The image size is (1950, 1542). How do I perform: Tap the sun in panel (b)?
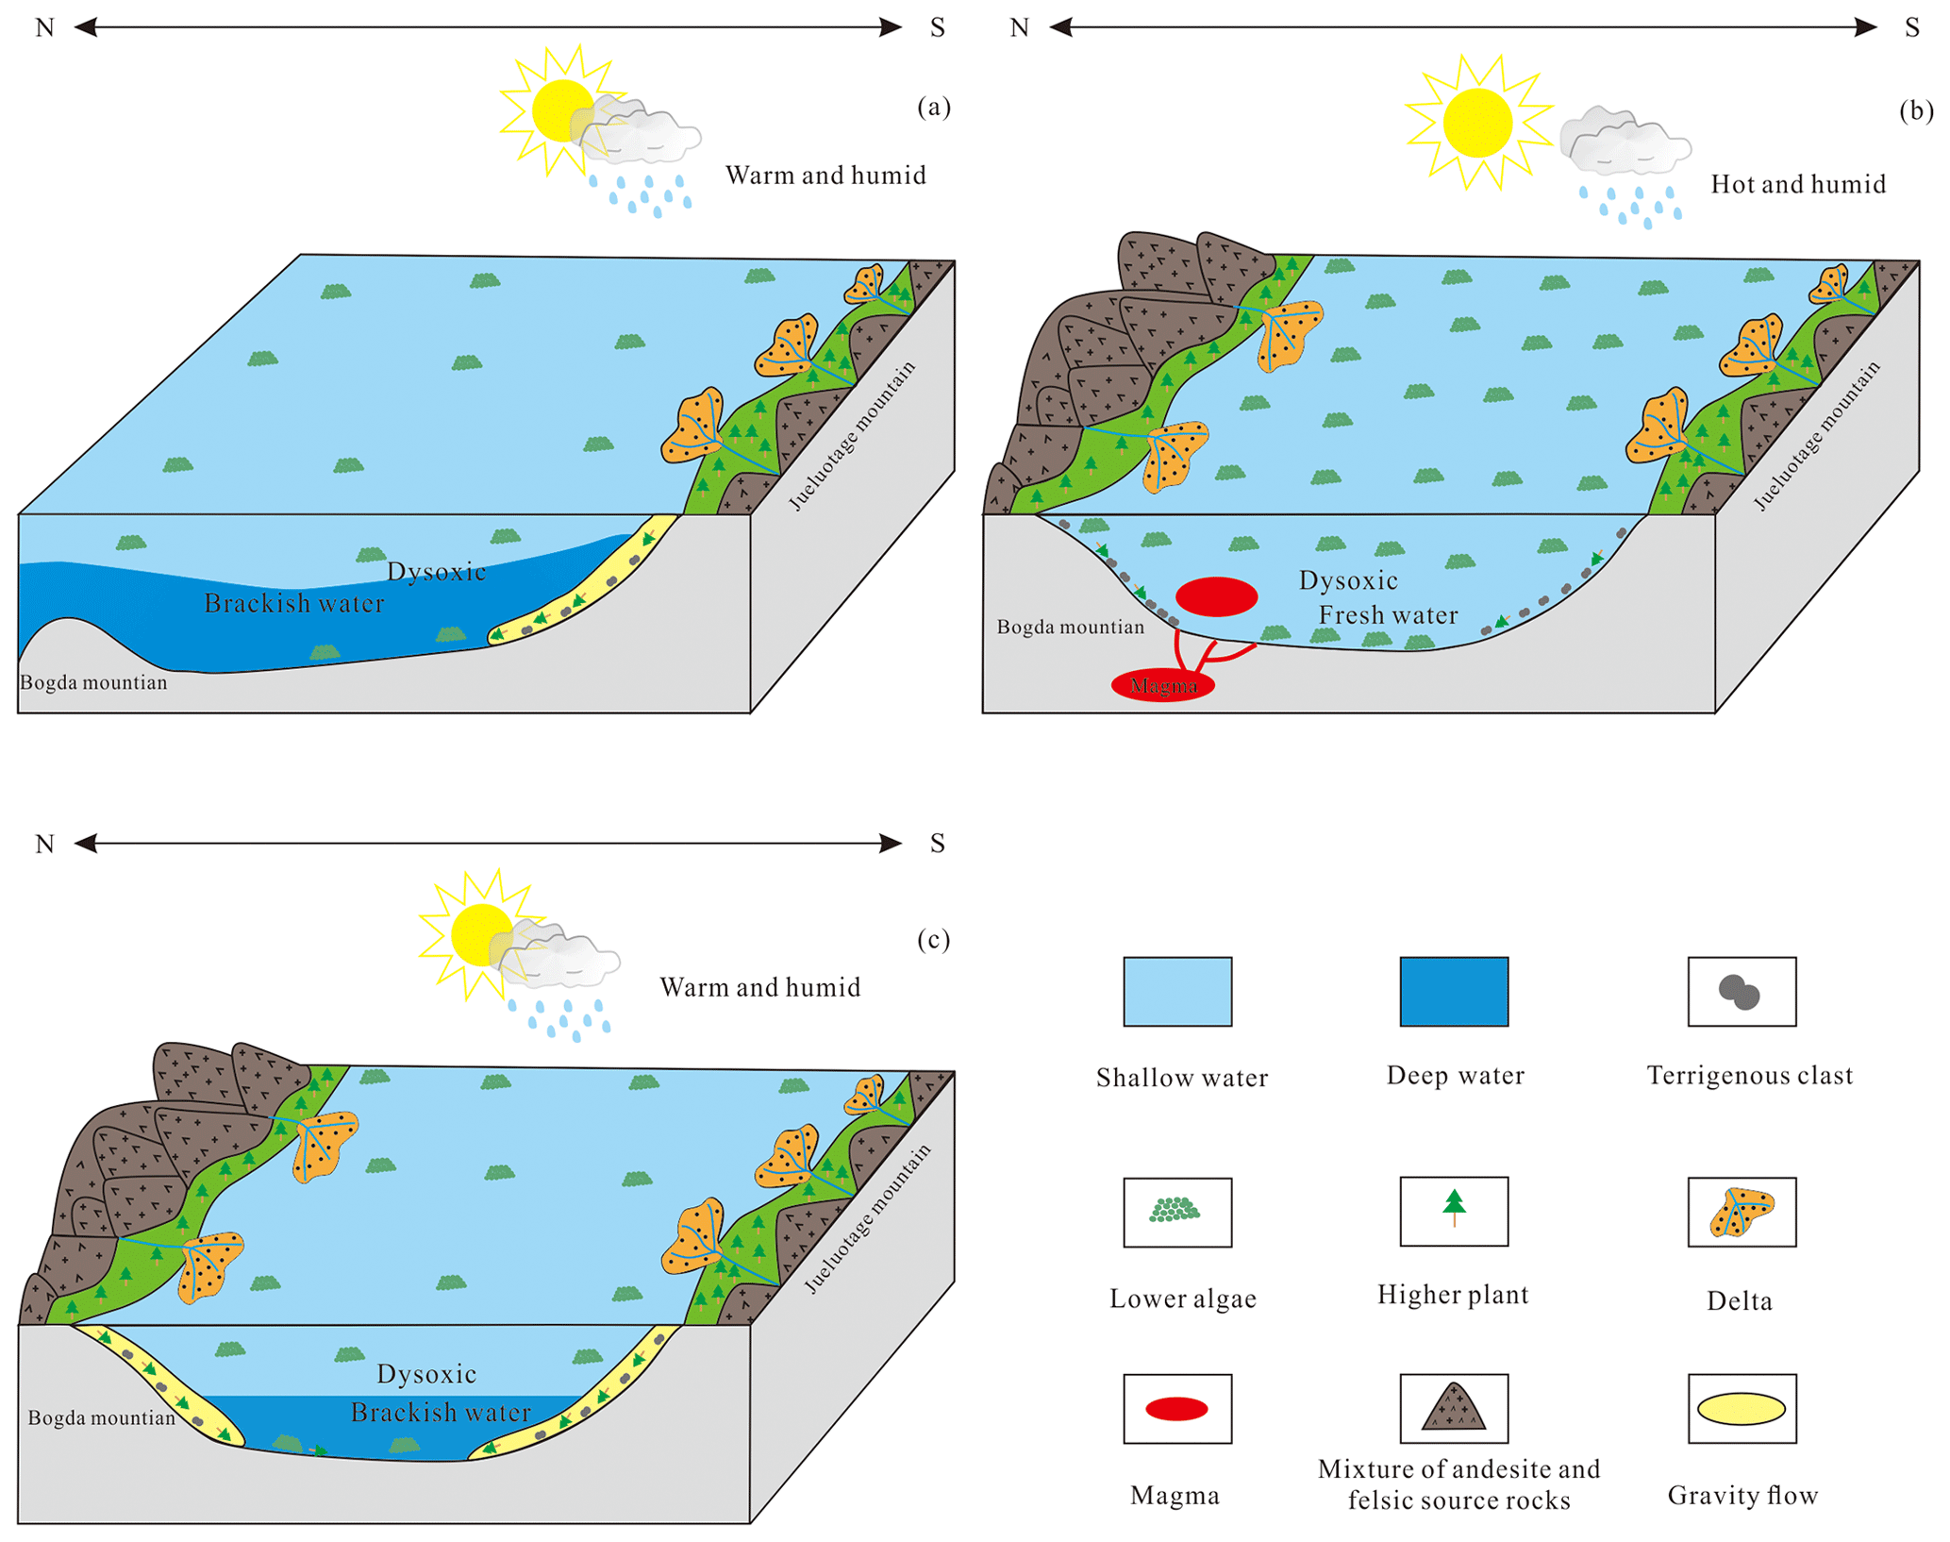point(1476,123)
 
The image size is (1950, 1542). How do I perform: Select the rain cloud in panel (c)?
point(561,957)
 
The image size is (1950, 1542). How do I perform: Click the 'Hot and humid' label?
point(1797,184)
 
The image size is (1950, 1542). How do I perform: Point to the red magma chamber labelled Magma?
point(1162,685)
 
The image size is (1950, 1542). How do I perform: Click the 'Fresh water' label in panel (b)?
point(1388,615)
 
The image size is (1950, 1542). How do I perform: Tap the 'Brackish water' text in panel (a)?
point(294,603)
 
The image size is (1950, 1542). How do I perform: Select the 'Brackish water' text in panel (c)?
point(441,1412)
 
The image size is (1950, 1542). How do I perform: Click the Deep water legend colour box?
point(1453,991)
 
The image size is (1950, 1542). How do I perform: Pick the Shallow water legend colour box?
point(1176,991)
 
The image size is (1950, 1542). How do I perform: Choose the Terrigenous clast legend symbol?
point(1740,992)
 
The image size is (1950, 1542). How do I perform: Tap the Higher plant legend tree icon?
point(1454,1207)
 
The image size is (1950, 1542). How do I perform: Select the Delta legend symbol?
point(1742,1212)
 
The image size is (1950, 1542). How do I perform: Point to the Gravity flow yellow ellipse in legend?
point(1741,1408)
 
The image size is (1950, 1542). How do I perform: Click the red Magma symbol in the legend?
point(1175,1409)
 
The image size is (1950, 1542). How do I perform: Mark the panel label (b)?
point(1915,110)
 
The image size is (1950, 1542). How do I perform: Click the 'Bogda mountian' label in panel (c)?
point(101,1417)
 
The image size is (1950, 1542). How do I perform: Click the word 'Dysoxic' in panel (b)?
point(1347,580)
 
